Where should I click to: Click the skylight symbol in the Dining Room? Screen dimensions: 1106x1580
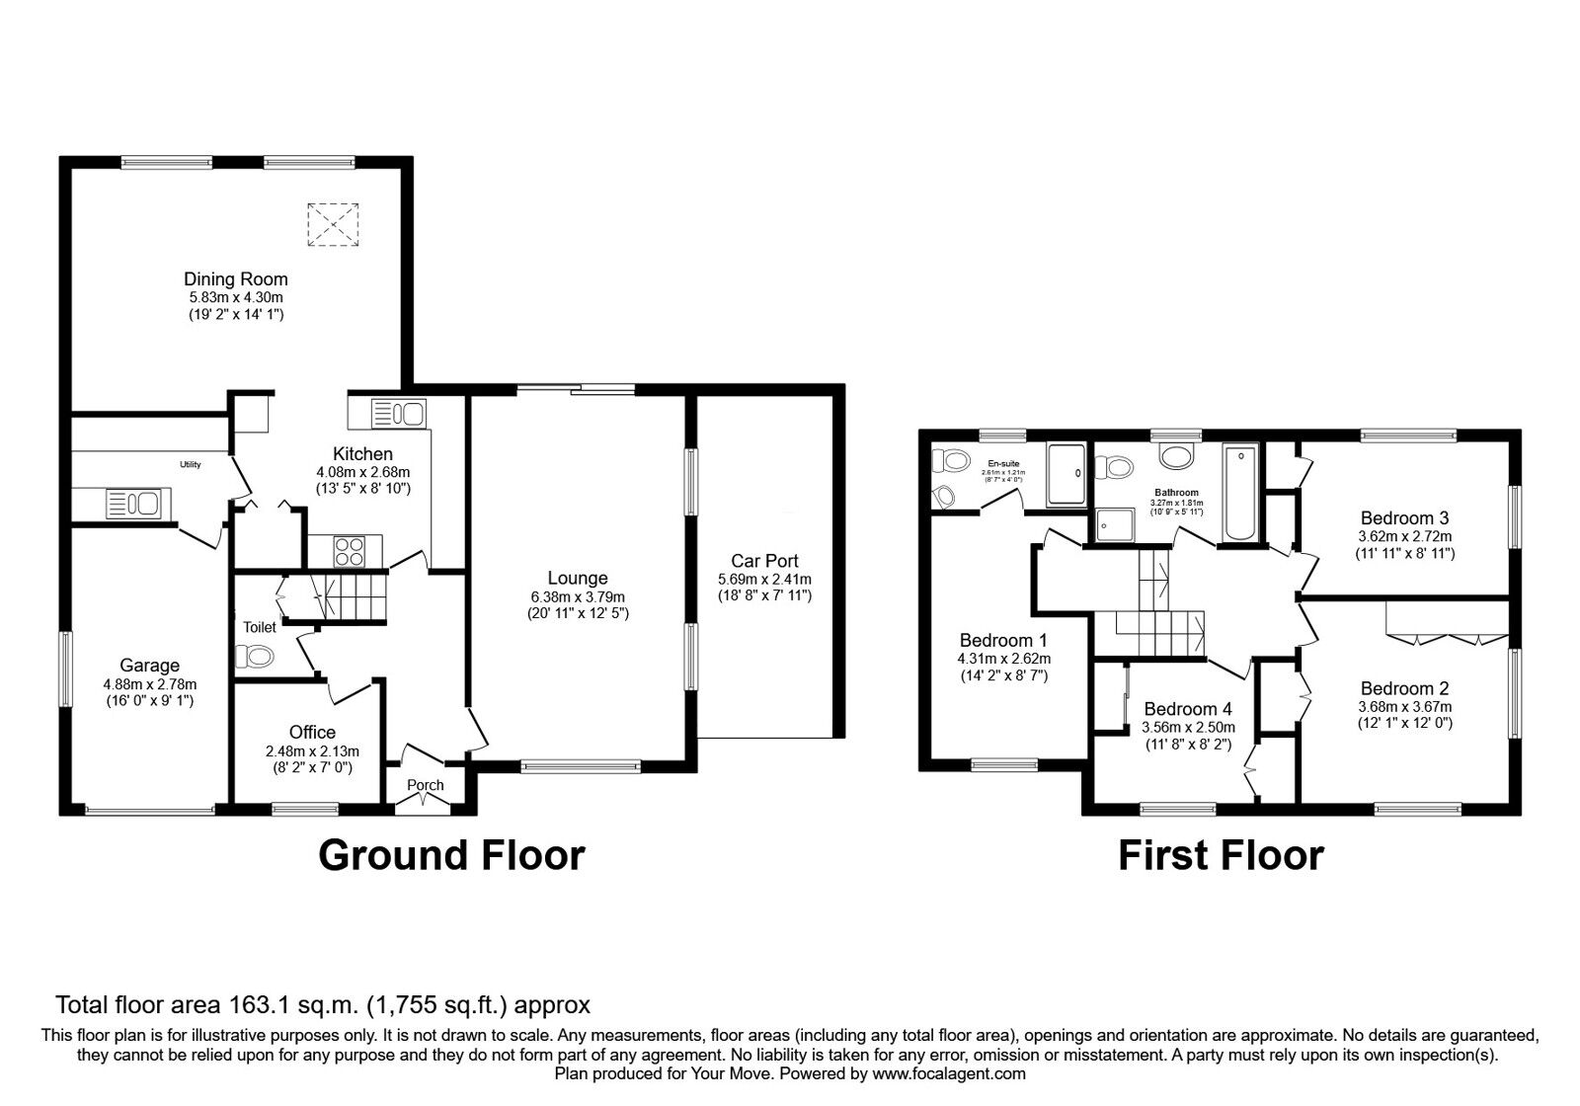coord(332,224)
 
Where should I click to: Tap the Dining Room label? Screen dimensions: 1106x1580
coord(235,279)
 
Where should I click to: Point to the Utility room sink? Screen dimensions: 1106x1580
coord(132,504)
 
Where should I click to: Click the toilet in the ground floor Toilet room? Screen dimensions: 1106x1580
coord(255,656)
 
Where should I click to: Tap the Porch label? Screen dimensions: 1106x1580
coord(426,785)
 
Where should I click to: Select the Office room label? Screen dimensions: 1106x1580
coord(312,732)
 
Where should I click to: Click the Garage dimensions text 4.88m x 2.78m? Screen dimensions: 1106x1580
coord(149,684)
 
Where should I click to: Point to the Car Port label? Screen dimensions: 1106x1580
coord(764,561)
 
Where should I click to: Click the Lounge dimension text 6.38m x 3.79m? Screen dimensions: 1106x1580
coord(578,596)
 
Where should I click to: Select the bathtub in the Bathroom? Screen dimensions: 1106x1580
coord(1241,494)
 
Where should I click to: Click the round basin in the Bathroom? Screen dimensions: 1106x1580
coord(1175,456)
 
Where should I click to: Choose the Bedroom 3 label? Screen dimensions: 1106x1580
coord(1404,517)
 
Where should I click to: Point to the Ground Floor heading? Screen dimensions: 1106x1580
coord(451,855)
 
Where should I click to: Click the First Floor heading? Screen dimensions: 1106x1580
coord(1221,855)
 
